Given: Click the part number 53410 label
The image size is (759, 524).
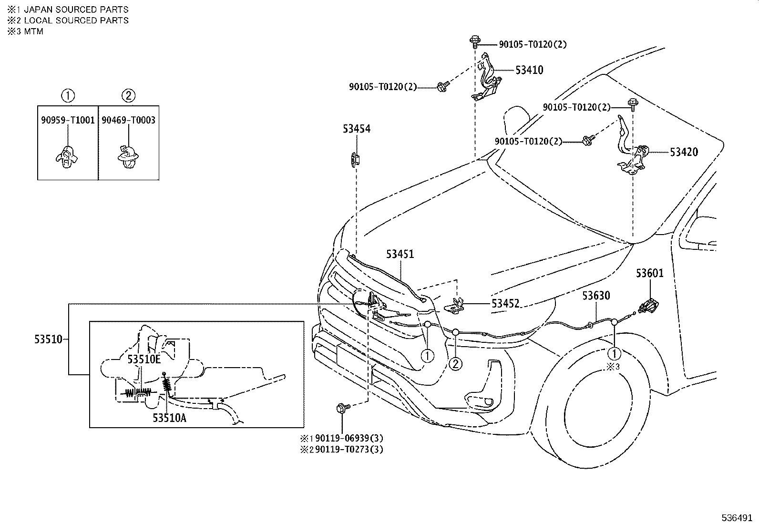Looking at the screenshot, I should point(529,70).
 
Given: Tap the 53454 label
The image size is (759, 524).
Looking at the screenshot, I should point(356,129).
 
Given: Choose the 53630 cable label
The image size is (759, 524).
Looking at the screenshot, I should point(595,296).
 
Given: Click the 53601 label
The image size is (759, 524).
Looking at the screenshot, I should point(649,273).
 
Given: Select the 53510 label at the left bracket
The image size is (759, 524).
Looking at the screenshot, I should point(48,339).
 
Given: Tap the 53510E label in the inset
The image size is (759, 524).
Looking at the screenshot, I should point(144,360).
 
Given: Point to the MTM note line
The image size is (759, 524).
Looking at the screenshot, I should point(33,31).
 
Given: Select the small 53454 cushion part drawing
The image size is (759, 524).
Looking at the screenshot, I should point(355,159).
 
